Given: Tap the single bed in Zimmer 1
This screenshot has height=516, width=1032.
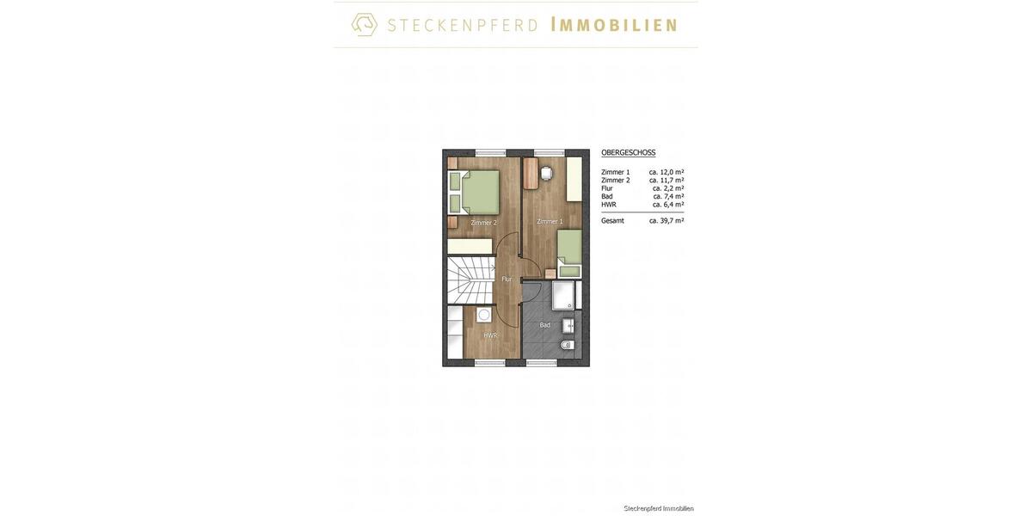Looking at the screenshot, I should click(x=568, y=253).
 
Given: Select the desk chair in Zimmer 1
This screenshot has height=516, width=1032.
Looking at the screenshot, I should click(x=547, y=173).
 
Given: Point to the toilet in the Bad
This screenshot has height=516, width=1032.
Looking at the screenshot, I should click(x=568, y=345).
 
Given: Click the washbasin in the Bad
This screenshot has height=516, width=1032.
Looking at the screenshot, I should click(x=568, y=326).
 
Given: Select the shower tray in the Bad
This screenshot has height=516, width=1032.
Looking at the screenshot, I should click(x=563, y=295).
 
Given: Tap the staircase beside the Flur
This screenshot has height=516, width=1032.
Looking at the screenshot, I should click(x=470, y=279).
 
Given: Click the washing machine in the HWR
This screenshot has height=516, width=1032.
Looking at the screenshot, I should click(x=484, y=315).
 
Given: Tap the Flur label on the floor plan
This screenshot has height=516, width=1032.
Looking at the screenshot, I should click(x=507, y=279).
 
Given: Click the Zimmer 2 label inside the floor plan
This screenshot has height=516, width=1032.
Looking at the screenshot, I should click(x=483, y=223).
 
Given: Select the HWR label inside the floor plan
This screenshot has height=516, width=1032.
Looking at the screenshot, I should click(x=490, y=335).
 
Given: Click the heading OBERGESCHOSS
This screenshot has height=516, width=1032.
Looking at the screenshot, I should click(x=628, y=152).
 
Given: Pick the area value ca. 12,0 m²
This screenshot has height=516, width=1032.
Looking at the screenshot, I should click(x=666, y=172).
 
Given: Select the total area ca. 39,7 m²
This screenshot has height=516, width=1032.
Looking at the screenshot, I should click(x=666, y=221).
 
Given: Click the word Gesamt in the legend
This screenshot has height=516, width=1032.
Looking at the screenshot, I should click(x=612, y=221).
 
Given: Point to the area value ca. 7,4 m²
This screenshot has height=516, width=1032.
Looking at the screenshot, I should click(x=668, y=196).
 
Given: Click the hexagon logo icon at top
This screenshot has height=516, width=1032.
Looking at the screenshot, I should click(x=365, y=24).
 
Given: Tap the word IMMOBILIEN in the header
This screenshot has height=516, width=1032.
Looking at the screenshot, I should click(x=614, y=25).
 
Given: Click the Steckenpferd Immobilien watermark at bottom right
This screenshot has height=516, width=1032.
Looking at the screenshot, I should click(x=659, y=508).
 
